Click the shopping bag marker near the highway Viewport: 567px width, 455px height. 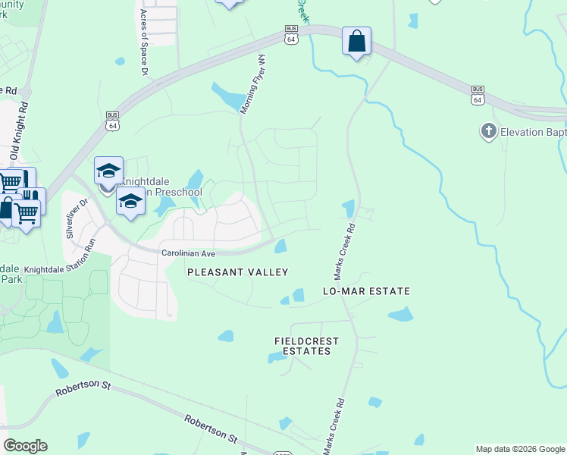pos(356,41)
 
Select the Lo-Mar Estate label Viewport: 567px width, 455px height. pos(366,291)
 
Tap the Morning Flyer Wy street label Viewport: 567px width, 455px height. pos(253,84)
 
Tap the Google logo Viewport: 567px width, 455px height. pos(25,446)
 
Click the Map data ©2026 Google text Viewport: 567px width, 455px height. pos(520,449)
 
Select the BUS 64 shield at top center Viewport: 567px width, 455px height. pos(291,35)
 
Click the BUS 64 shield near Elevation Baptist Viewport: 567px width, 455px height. pos(477,94)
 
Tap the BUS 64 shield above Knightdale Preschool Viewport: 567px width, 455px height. pos(112,121)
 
